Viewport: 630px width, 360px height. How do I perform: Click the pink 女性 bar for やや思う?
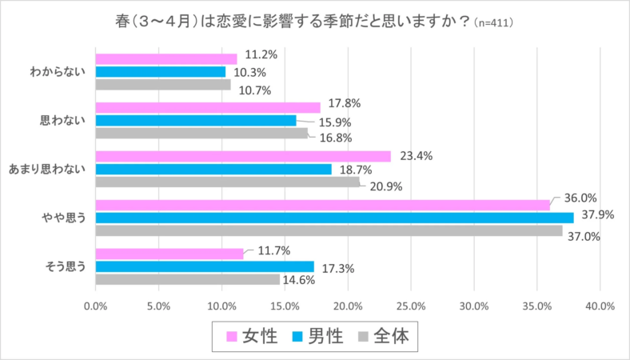point(322,205)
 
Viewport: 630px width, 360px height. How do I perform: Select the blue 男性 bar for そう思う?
point(205,266)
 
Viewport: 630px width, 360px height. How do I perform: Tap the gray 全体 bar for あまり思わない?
point(228,182)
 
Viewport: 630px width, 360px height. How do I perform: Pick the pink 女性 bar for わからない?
point(166,58)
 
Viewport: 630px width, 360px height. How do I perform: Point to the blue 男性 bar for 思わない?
point(196,121)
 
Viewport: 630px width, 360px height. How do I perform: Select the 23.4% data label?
point(417,156)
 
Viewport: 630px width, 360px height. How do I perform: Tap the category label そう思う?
point(64,266)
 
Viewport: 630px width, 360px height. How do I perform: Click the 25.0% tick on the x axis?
point(410,306)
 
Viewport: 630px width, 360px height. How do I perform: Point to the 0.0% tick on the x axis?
point(96,306)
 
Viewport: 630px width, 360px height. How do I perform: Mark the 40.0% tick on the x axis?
point(599,306)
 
